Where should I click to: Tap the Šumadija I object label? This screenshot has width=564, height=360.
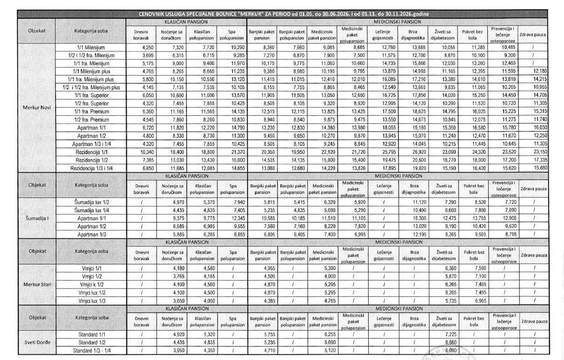(x=36, y=218)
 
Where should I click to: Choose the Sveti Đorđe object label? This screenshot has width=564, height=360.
(x=36, y=341)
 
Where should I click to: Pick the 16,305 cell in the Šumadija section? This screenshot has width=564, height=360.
(x=414, y=218)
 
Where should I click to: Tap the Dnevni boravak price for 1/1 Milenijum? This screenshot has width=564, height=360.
(x=141, y=47)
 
